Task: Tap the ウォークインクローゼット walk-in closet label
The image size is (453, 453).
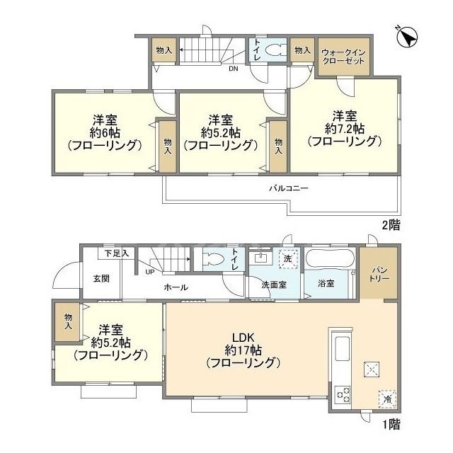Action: click(343, 57)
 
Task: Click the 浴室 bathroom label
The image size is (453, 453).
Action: click(326, 284)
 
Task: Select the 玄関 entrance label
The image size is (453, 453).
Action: click(101, 278)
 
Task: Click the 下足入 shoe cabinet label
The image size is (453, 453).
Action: click(117, 253)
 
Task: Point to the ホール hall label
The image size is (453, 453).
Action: click(176, 287)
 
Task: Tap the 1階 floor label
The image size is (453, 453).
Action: click(390, 425)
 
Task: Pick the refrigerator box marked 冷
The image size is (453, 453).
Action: click(387, 398)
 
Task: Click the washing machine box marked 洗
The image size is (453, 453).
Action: click(287, 259)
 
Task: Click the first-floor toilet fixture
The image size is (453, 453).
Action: click(215, 258)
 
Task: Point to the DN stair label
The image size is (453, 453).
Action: click(232, 69)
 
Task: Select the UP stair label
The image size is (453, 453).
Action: click(149, 271)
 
